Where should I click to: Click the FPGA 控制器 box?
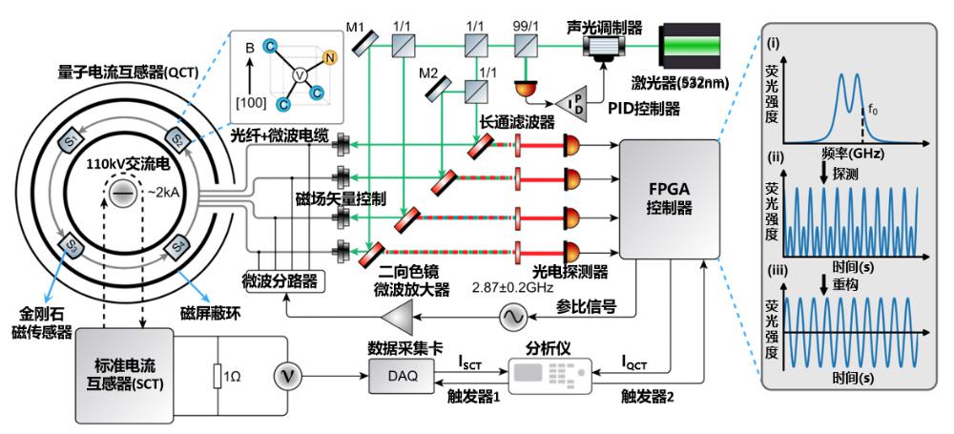pyautogui.click(x=669, y=199)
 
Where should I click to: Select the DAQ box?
pyautogui.click(x=403, y=376)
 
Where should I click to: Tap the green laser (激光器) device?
pyautogui.click(x=692, y=47)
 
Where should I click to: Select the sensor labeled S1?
pyautogui.click(x=73, y=143)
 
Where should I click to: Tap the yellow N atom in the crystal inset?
pyautogui.click(x=330, y=58)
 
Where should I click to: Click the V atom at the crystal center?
pyautogui.click(x=300, y=74)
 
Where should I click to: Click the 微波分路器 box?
pyautogui.click(x=281, y=281)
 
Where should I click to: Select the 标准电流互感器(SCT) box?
pyautogui.click(x=123, y=376)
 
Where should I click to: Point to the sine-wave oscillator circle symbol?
pyautogui.click(x=509, y=317)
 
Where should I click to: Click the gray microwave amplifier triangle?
pyautogui.click(x=397, y=317)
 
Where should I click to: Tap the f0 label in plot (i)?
pyautogui.click(x=872, y=112)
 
